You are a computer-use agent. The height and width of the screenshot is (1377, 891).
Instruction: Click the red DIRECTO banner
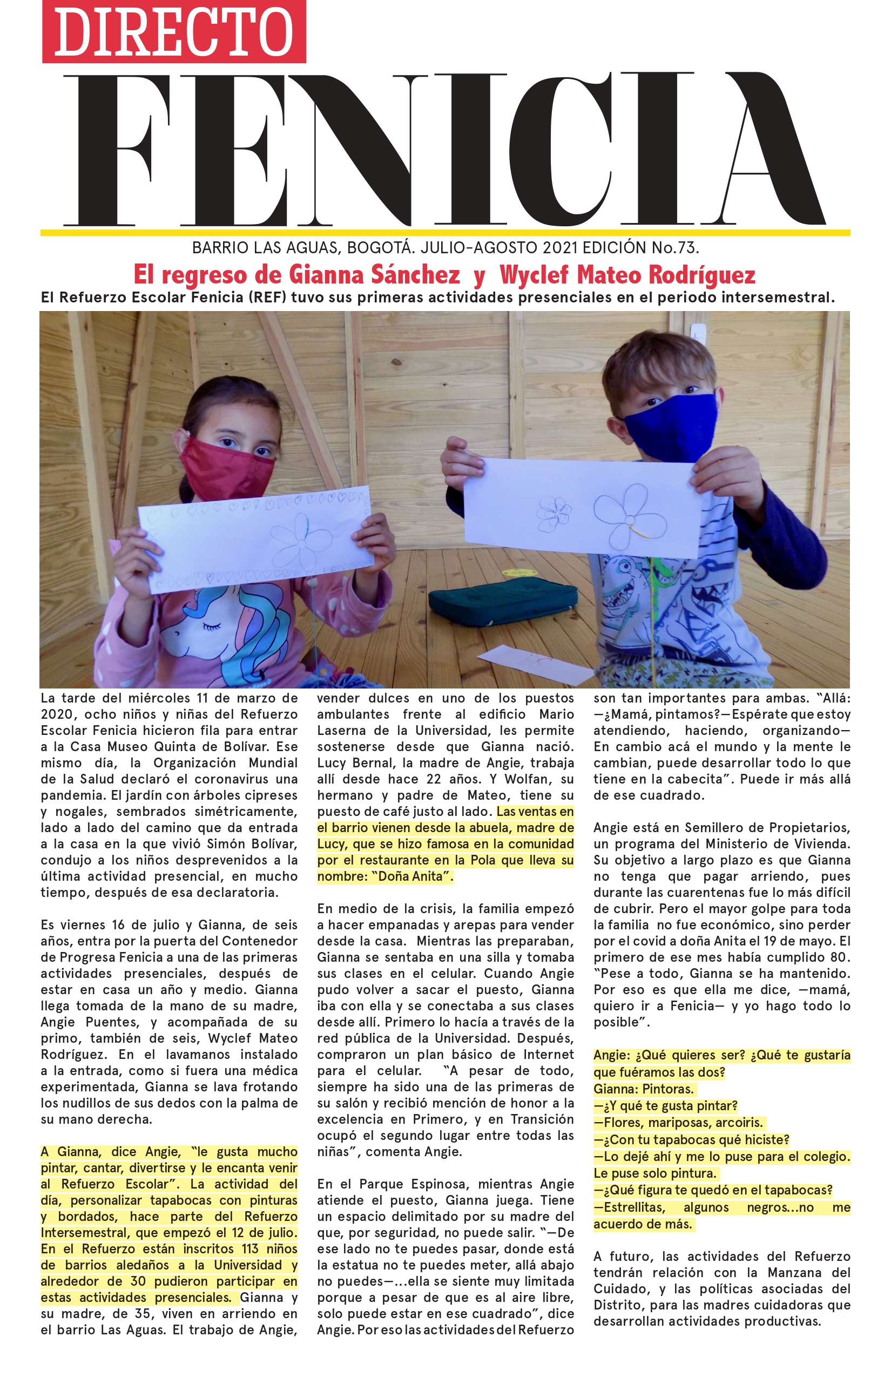tap(173, 31)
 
